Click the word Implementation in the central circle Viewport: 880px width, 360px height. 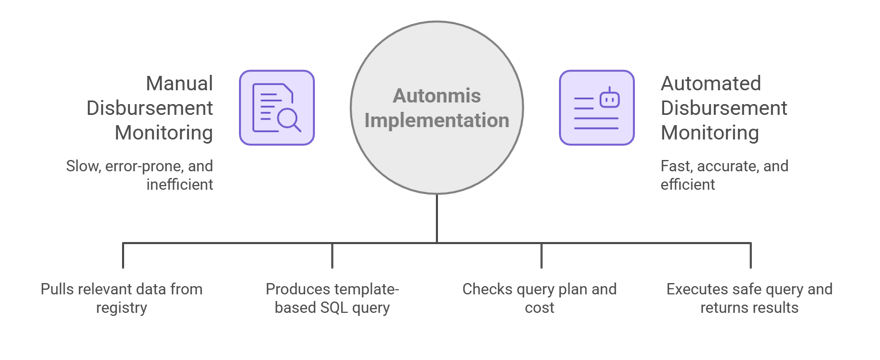tap(436, 121)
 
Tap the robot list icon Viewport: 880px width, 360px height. tap(596, 108)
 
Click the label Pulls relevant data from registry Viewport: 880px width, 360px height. tap(122, 299)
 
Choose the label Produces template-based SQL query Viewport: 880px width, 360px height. tap(332, 299)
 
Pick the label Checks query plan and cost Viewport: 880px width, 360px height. tap(539, 299)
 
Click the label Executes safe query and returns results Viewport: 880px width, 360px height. tap(749, 299)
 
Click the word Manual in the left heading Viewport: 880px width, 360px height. tap(180, 83)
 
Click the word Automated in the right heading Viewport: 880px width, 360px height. tap(711, 83)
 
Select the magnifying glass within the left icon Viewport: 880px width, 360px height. tap(289, 122)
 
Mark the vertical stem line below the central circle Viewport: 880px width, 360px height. tap(436, 218)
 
